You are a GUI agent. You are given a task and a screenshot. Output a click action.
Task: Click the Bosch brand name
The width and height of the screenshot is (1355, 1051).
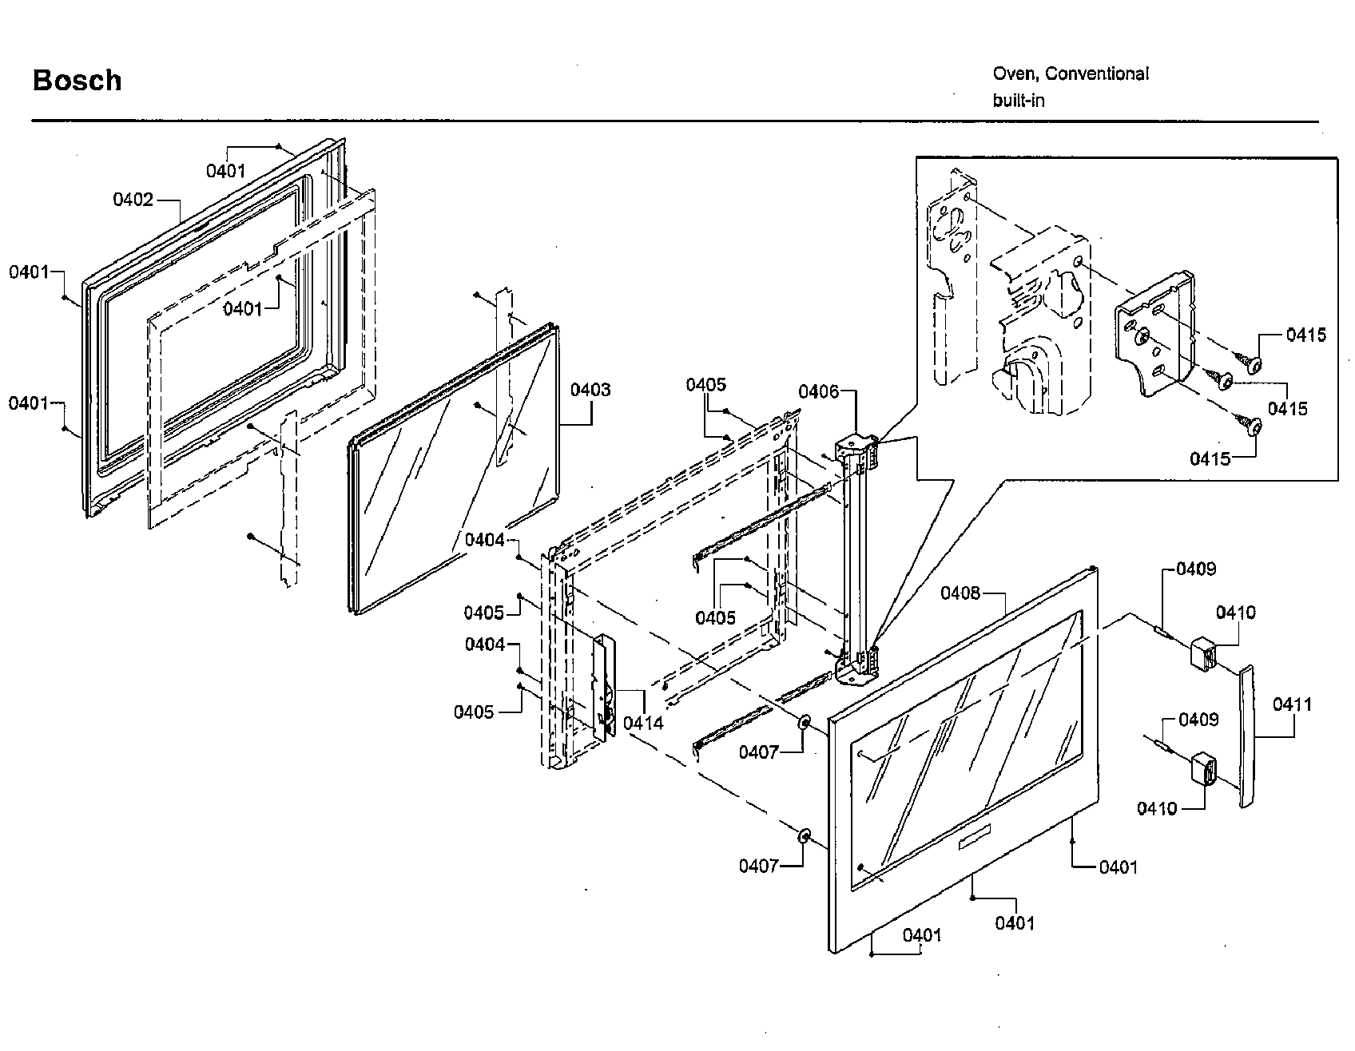click(x=77, y=81)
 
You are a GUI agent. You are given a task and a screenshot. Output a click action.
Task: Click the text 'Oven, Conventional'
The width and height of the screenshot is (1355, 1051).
click(x=1071, y=74)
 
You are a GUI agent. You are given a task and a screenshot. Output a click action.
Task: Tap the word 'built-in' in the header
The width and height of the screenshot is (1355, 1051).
click(x=1019, y=101)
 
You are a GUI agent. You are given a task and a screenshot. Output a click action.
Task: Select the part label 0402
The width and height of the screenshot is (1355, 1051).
click(x=133, y=200)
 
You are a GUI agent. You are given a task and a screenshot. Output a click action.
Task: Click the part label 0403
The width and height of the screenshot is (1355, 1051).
click(x=590, y=390)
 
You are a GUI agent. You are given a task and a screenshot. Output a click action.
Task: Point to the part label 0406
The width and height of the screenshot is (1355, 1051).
click(x=819, y=391)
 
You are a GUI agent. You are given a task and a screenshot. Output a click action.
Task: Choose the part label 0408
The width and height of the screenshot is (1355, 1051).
click(x=960, y=593)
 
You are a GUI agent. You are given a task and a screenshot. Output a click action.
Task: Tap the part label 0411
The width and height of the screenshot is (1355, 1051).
click(x=1293, y=704)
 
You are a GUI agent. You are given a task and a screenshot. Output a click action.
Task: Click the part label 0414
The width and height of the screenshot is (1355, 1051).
click(x=643, y=723)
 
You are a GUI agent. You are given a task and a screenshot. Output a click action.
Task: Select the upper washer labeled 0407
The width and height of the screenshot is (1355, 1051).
click(x=804, y=723)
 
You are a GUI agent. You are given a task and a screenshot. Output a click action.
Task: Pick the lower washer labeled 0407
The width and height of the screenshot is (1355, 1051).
click(x=804, y=837)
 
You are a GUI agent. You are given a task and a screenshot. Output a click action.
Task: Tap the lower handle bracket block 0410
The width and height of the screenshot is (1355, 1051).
click(x=1203, y=769)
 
